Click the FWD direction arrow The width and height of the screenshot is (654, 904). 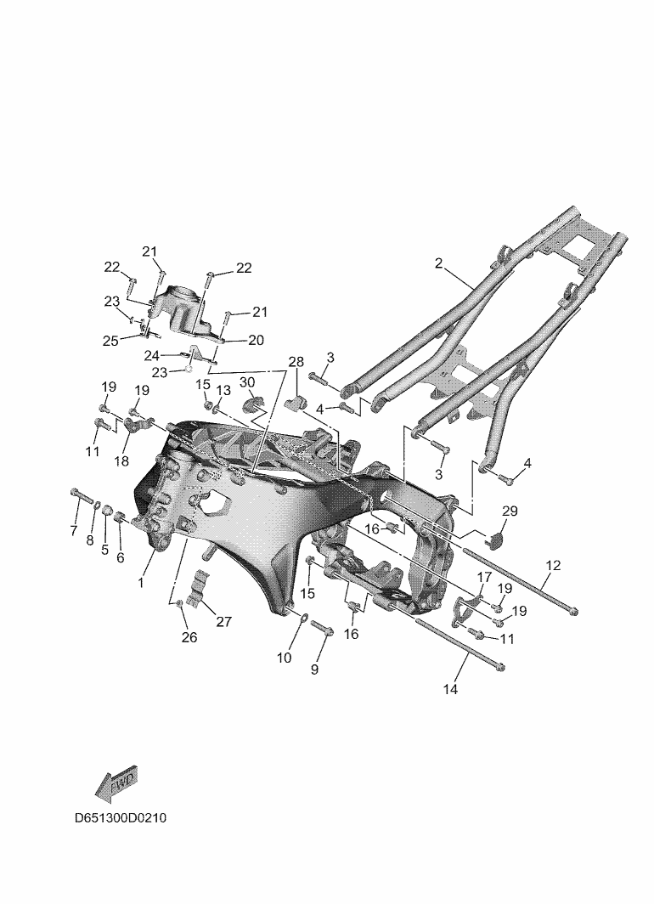tap(116, 783)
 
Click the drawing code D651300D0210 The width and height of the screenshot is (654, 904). tap(121, 818)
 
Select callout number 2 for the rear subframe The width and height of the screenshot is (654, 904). tap(438, 263)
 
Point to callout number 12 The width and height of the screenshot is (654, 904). tap(553, 566)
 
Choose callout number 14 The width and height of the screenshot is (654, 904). tap(450, 688)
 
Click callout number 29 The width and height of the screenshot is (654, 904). tap(510, 511)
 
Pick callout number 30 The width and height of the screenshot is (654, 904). tap(247, 382)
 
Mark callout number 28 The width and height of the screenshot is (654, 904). tap(296, 362)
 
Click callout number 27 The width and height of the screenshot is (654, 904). tap(223, 621)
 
